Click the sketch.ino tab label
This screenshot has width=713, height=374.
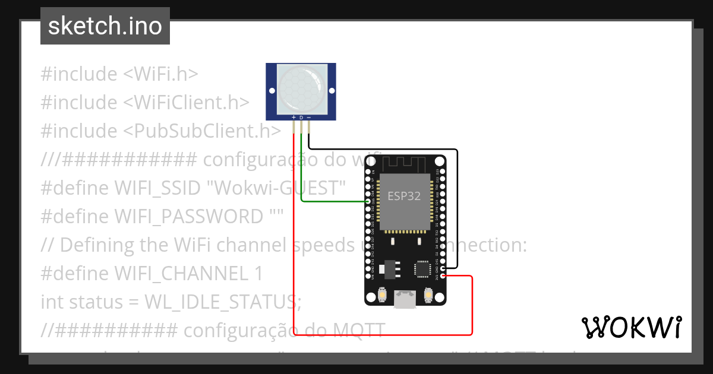click(x=105, y=26)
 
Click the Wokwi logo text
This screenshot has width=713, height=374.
click(x=631, y=327)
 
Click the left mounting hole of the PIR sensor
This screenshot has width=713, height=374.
click(x=272, y=91)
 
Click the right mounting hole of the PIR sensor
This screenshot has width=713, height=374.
click(x=330, y=91)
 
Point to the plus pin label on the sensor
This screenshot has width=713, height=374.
click(x=294, y=118)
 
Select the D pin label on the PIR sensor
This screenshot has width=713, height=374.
click(x=301, y=118)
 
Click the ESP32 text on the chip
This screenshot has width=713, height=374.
click(x=404, y=196)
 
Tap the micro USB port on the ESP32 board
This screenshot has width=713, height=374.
click(x=405, y=299)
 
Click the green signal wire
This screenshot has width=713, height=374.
click(x=333, y=201)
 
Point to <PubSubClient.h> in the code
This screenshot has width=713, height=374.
click(x=202, y=131)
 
